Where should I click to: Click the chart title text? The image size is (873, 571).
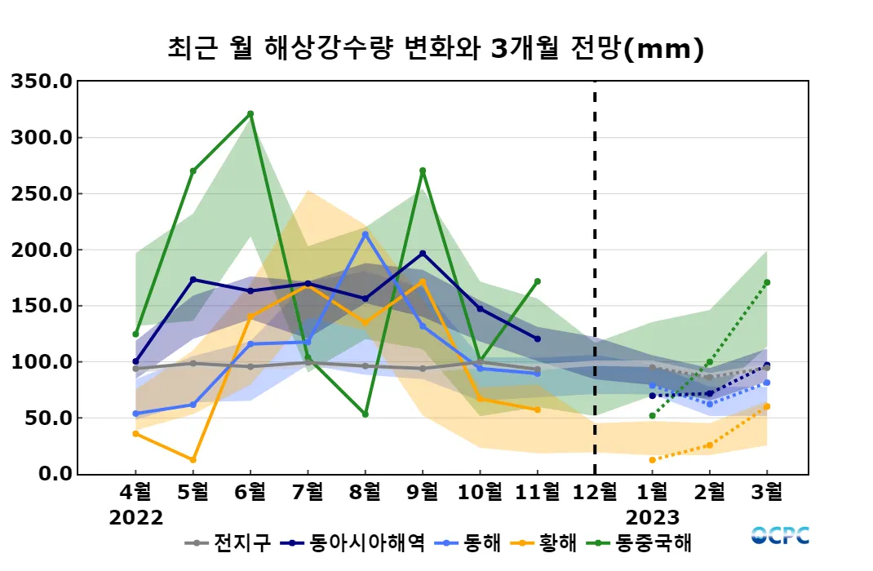click(435, 49)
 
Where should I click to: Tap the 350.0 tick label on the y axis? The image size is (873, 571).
click(41, 82)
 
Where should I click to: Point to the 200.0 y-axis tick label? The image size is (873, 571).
click(41, 250)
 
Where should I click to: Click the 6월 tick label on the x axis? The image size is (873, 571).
click(250, 493)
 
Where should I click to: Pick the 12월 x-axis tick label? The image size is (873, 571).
click(594, 493)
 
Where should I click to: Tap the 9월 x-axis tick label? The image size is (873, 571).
click(423, 493)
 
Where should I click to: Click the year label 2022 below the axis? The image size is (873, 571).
click(136, 518)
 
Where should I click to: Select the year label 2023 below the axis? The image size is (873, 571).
click(653, 518)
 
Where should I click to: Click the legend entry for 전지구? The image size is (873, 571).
click(228, 542)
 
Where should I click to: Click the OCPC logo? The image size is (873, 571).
click(780, 536)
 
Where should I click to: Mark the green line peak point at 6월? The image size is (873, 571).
click(250, 113)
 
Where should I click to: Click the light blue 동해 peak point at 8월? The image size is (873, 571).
click(365, 234)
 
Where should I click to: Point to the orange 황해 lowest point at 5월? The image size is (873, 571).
click(193, 460)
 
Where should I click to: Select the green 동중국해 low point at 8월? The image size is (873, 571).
click(365, 414)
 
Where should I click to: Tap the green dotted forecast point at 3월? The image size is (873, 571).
click(767, 282)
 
